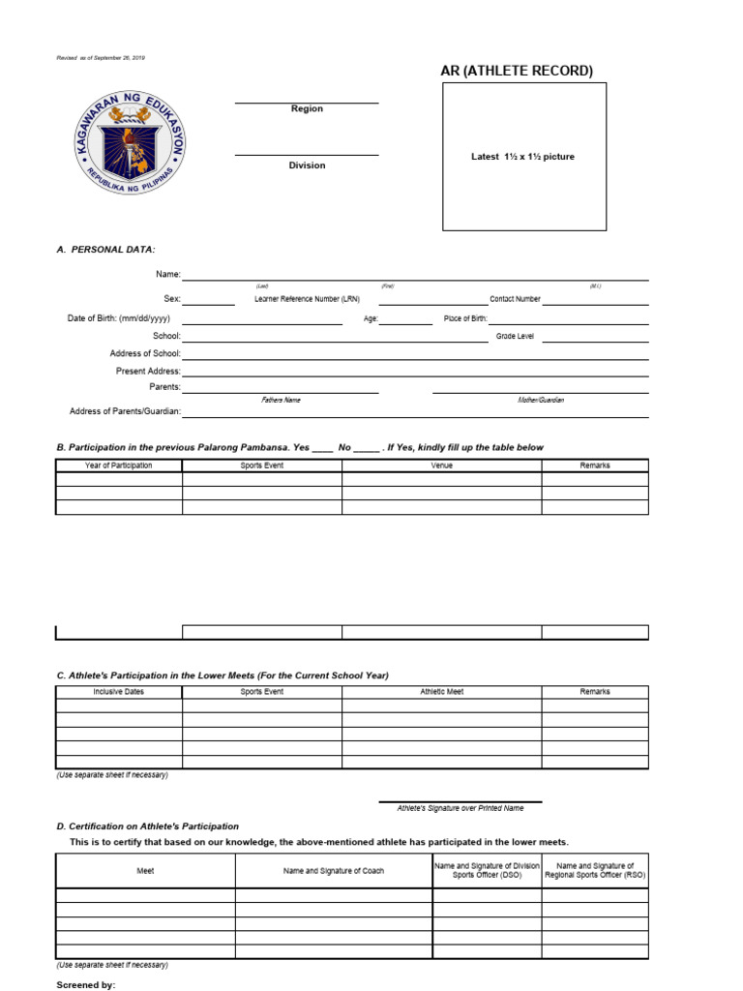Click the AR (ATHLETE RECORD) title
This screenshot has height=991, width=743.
click(517, 71)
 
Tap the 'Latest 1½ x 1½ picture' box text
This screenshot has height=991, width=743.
click(522, 157)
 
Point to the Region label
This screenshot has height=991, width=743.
click(307, 109)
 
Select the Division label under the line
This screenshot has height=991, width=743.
click(307, 165)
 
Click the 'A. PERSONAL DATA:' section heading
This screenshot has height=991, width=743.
click(106, 250)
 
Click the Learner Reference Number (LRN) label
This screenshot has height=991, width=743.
click(307, 300)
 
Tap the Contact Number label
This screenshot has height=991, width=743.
click(515, 300)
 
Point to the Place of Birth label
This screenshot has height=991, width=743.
click(465, 318)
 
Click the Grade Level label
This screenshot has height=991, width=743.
click(515, 337)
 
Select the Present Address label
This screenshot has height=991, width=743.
click(148, 371)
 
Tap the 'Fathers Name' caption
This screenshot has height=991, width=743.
click(281, 400)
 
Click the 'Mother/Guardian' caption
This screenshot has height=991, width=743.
click(541, 400)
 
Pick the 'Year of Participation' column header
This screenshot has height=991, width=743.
click(119, 465)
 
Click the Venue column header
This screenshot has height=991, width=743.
click(441, 465)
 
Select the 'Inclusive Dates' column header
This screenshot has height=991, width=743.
click(119, 692)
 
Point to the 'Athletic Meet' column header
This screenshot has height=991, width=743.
click(441, 692)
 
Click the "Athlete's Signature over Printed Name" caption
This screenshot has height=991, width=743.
click(461, 808)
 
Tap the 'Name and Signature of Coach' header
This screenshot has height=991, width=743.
click(334, 871)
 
